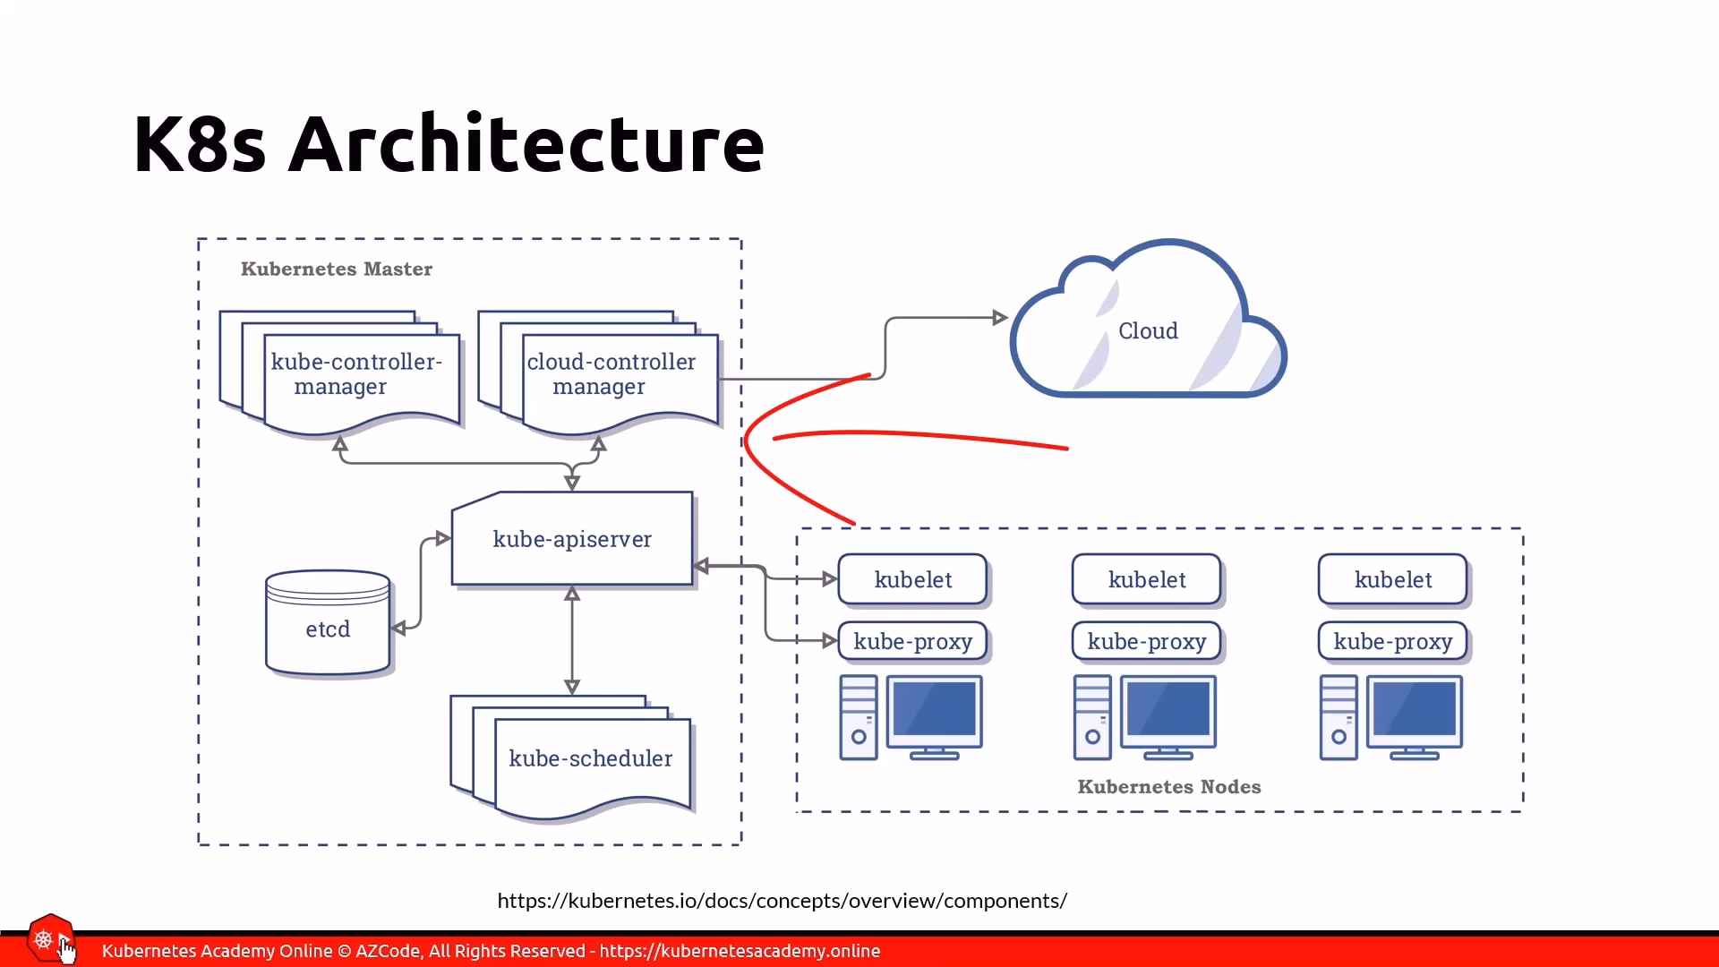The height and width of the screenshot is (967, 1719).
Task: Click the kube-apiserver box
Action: (572, 539)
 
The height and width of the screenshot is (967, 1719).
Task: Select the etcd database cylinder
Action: (328, 623)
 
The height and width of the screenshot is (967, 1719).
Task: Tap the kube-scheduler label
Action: (590, 758)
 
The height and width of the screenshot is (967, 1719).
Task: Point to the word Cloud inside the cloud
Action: (1148, 331)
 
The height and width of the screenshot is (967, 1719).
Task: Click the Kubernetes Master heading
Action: (336, 269)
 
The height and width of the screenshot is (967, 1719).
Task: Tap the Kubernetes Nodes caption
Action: (1168, 786)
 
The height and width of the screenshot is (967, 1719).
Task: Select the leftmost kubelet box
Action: (912, 579)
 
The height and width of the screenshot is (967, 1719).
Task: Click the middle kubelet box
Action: (1147, 579)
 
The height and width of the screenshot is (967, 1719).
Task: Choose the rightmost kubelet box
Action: (1392, 579)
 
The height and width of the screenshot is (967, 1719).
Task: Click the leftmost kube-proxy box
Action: (912, 641)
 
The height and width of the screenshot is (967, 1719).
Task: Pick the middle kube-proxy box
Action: (1147, 641)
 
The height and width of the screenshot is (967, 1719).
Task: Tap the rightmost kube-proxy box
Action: (1392, 641)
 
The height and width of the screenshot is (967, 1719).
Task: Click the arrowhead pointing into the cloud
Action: (1000, 317)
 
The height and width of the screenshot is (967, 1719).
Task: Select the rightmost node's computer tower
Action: (1338, 718)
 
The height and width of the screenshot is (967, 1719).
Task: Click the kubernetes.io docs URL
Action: (782, 901)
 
